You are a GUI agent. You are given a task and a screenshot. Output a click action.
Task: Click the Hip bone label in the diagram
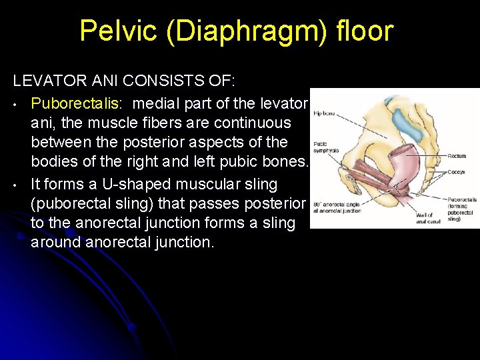click(325, 113)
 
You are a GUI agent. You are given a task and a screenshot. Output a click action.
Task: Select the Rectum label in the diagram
click(457, 157)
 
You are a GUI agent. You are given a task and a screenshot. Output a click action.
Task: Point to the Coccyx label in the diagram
click(457, 171)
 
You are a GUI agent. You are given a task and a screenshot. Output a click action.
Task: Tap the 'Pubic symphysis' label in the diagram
click(325, 147)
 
